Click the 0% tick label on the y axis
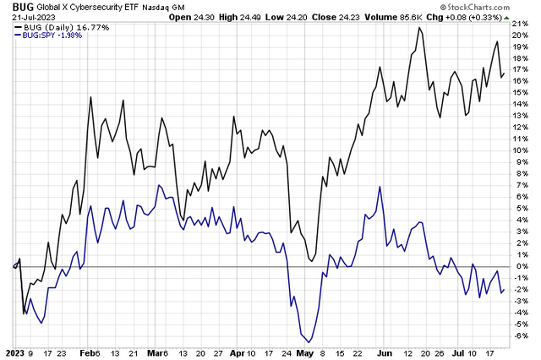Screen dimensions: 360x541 click(x=521, y=266)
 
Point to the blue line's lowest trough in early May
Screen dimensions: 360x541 click(x=298, y=336)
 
